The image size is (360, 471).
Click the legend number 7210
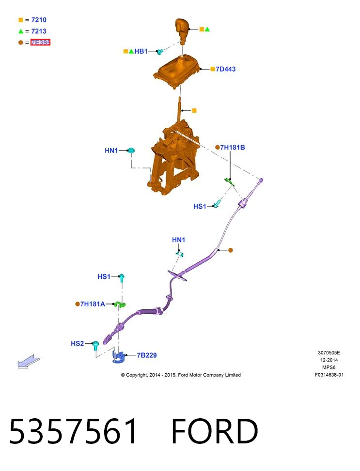pos(39,20)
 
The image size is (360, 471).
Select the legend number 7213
pos(39,31)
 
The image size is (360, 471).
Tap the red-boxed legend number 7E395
pos(40,42)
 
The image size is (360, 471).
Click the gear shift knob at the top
pos(182,30)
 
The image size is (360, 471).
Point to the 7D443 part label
pos(226,69)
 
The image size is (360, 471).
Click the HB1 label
pos(141,51)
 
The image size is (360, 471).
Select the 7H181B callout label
pos(233,148)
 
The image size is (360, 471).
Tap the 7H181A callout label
pos(93,304)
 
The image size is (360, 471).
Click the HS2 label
pos(78,343)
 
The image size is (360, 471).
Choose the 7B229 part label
pos(147,355)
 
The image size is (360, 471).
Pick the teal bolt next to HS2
pos(95,346)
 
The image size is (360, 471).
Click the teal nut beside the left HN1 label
pos(131,150)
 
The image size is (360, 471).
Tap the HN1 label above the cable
pos(179,240)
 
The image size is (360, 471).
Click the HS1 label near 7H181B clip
pos(200,206)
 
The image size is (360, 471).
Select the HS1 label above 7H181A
pos(104,276)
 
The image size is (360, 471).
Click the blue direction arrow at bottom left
pos(29,362)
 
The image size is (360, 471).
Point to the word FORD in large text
pos(215,431)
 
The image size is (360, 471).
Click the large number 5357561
pos(73,431)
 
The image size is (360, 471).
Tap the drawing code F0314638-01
pos(329,375)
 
